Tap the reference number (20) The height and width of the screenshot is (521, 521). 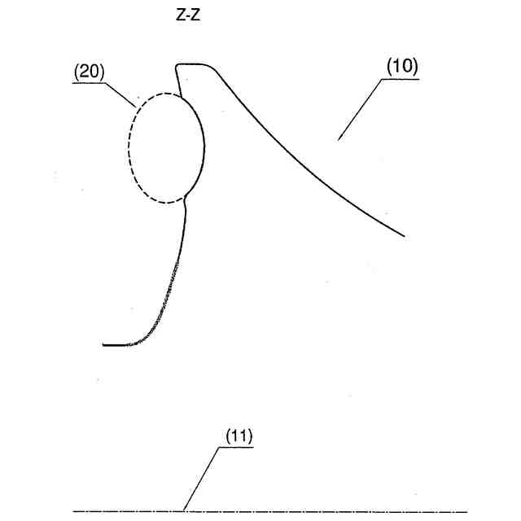(x=89, y=71)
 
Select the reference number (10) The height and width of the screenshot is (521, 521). (x=401, y=66)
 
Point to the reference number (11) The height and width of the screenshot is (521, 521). (x=239, y=436)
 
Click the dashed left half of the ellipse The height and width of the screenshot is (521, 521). (x=129, y=147)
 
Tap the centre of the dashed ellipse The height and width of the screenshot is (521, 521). (x=166, y=147)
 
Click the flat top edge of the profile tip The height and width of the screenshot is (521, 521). (x=192, y=63)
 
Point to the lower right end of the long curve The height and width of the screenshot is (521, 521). (x=404, y=235)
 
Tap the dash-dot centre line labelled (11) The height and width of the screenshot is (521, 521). (x=326, y=511)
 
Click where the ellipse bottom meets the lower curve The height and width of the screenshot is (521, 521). (x=186, y=196)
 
